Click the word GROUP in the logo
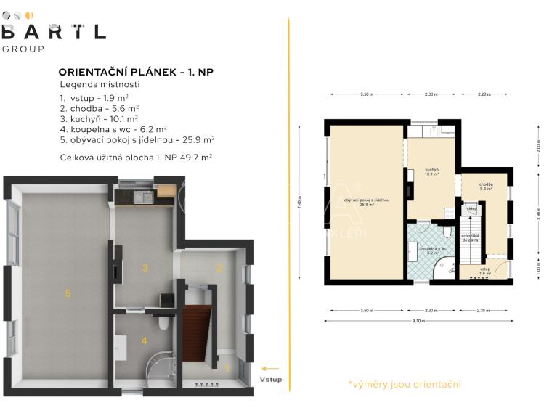coord(23,49)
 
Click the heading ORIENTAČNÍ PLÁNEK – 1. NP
coord(135,72)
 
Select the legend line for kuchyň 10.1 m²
coord(99,118)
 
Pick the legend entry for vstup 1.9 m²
coord(94,97)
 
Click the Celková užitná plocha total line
coord(136,157)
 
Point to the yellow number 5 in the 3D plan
coord(68,293)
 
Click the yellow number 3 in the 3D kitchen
coord(145,268)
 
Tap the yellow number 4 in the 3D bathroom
coord(144,340)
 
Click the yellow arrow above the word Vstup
coord(270,368)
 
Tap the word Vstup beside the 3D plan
coord(271,380)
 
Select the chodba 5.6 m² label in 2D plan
coord(486,187)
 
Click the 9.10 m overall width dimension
coord(418,320)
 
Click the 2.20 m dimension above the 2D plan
coord(485,94)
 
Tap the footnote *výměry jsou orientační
coord(404,384)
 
